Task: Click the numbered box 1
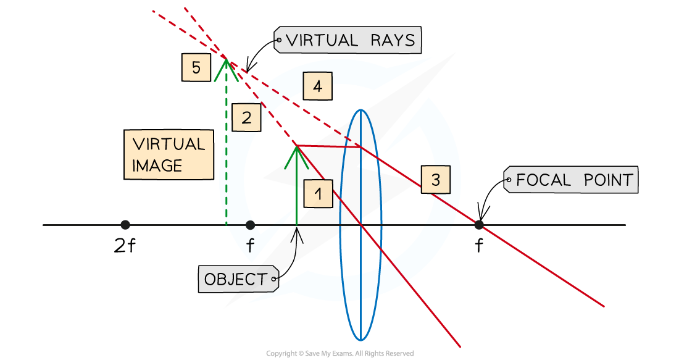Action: coord(318,195)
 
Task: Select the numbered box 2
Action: coord(246,118)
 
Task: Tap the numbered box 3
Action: coord(435,180)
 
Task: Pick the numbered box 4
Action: coord(317,86)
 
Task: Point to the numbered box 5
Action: coord(196,67)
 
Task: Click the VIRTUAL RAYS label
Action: coord(348,41)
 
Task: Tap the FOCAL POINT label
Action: coord(571,180)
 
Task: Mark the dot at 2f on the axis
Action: coord(125,225)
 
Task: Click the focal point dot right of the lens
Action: coord(478,225)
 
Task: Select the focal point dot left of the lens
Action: coord(250,225)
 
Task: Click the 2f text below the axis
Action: coord(125,246)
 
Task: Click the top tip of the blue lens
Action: coord(360,110)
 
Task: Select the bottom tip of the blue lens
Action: coord(360,340)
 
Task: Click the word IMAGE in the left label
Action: coord(157,165)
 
